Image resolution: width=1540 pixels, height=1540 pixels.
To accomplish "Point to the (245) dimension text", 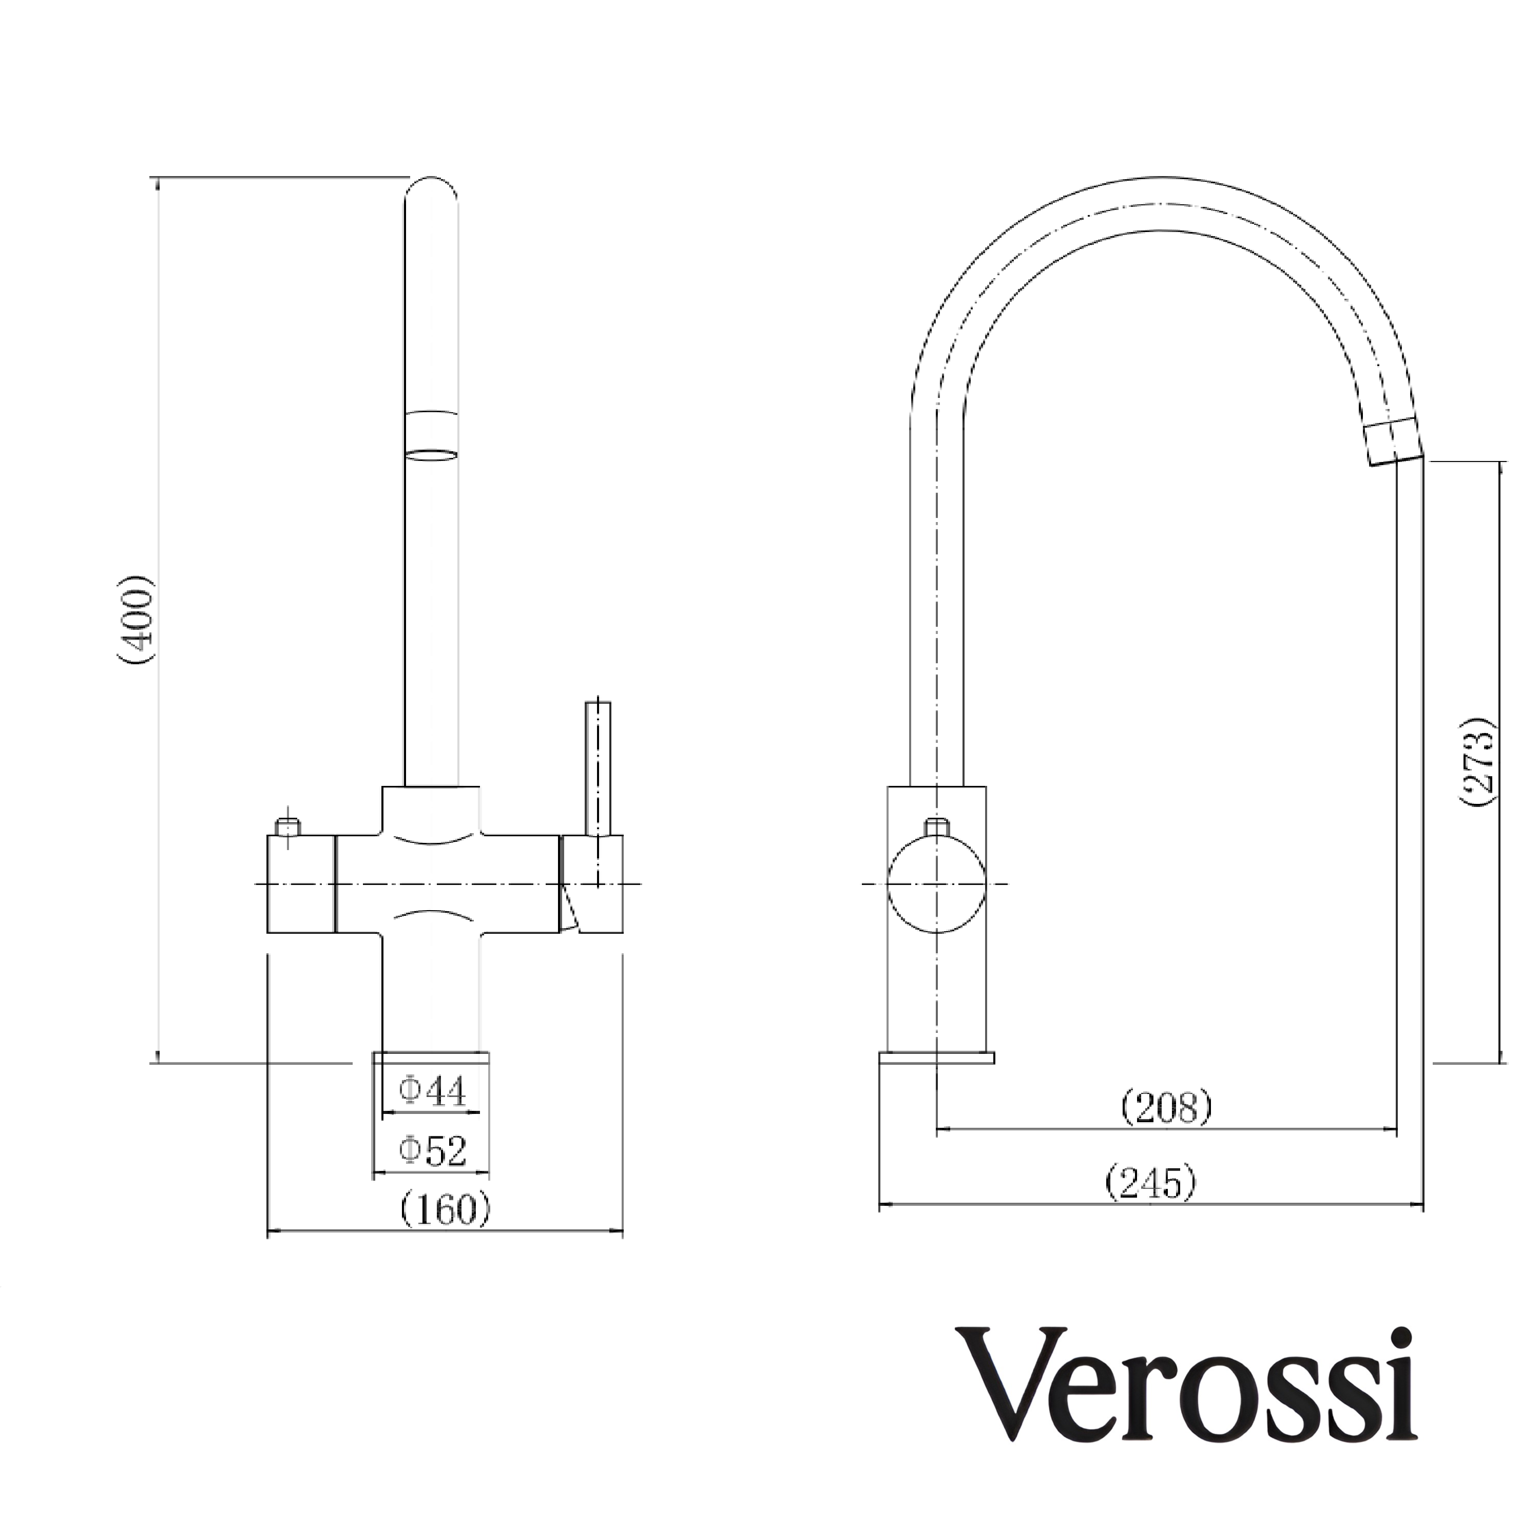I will pyautogui.click(x=1151, y=1182).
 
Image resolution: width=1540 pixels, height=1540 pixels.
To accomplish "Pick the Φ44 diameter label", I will pyautogui.click(x=432, y=1092).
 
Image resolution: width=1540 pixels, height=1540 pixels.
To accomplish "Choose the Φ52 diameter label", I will pyautogui.click(x=432, y=1151).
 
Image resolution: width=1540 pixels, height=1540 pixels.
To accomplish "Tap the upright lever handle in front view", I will pyautogui.click(x=598, y=768).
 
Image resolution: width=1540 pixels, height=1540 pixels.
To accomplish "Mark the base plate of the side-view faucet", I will pyautogui.click(x=937, y=1058).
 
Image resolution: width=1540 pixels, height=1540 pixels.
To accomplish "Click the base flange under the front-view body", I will pyautogui.click(x=431, y=1058).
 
